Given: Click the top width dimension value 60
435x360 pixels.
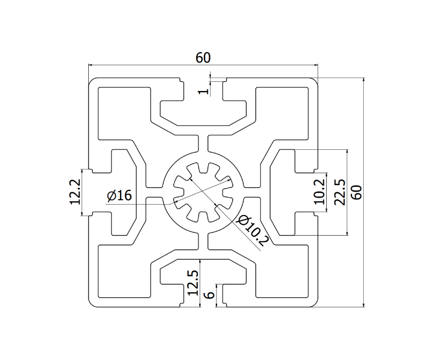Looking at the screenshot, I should pyautogui.click(x=203, y=57).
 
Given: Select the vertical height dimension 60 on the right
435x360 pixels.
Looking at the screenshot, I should pyautogui.click(x=356, y=192).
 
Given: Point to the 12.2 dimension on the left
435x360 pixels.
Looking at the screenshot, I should pyautogui.click(x=74, y=192).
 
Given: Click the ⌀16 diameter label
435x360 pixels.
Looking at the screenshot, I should pyautogui.click(x=119, y=196).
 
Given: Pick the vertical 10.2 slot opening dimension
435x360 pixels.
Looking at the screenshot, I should pyautogui.click(x=320, y=192).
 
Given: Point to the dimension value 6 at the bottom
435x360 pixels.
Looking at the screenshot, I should pyautogui.click(x=209, y=295).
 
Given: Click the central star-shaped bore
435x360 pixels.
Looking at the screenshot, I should pyautogui.click(x=203, y=192).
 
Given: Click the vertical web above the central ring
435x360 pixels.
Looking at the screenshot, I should pyautogui.click(x=203, y=144).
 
